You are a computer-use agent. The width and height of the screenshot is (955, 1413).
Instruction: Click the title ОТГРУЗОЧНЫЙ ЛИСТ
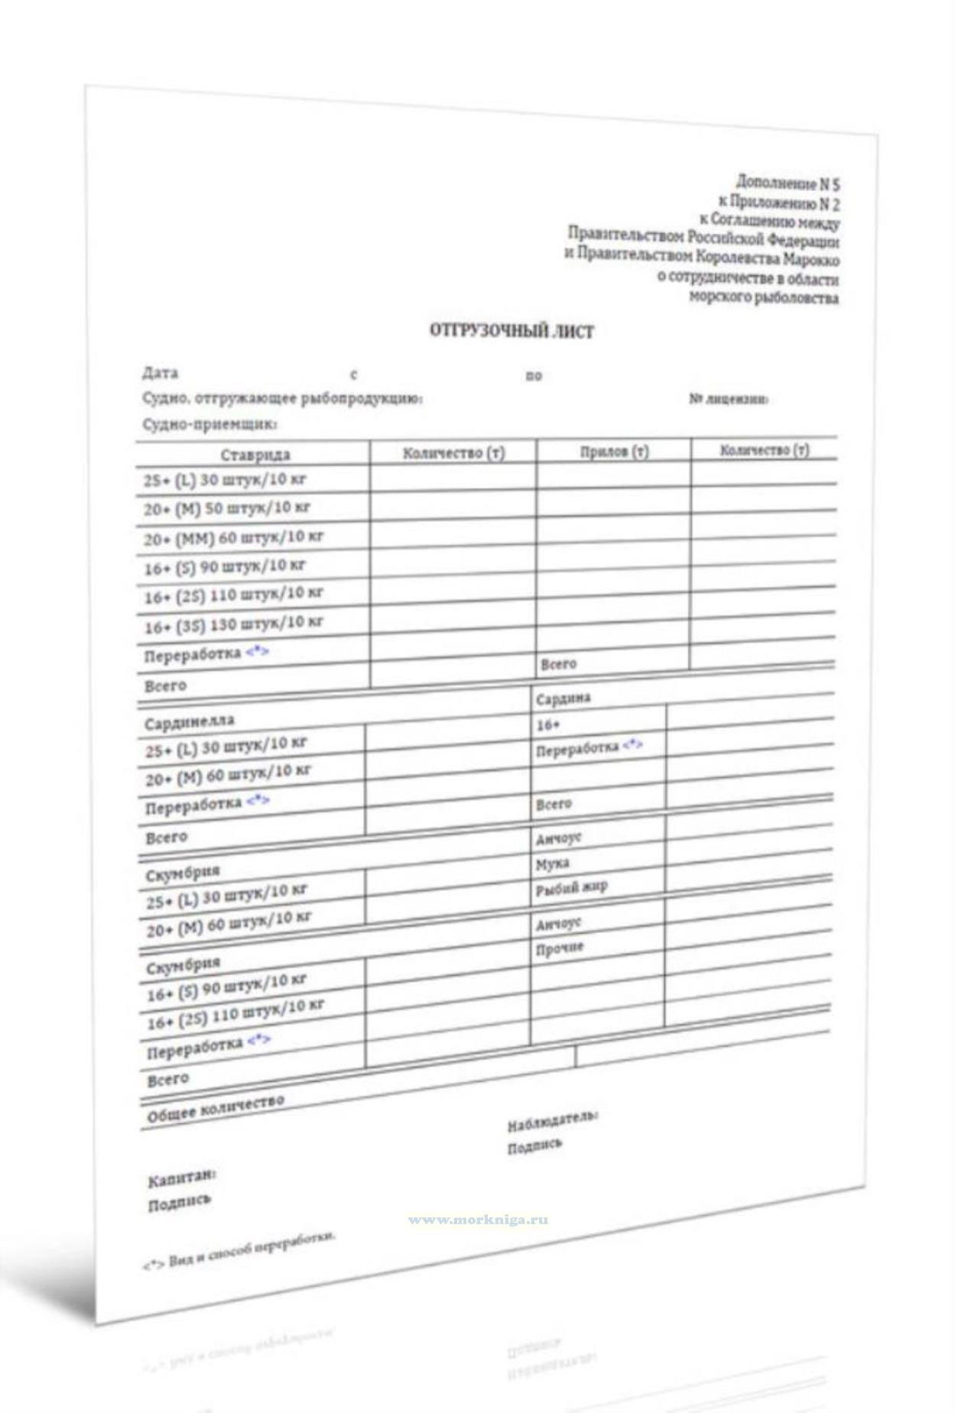point(511,331)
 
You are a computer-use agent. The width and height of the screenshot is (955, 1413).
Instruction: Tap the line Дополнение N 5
point(788,183)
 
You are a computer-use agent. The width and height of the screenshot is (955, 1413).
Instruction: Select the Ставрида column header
point(255,455)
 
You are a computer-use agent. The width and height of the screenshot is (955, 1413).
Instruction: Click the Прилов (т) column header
point(614,452)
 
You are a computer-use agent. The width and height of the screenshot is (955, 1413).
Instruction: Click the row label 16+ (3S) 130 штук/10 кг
point(233,625)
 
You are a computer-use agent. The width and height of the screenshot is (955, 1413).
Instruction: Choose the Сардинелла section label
point(190,721)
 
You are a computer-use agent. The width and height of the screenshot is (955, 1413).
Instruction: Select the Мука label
point(552,864)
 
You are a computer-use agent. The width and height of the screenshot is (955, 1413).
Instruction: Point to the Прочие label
point(560,948)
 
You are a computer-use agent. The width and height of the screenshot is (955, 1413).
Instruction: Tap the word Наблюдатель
point(552,1121)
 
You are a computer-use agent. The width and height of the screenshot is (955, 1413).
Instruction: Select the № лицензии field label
point(728,400)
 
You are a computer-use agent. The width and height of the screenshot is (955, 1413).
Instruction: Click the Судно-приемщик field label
point(210,423)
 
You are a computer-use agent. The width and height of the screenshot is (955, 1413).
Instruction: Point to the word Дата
point(160,373)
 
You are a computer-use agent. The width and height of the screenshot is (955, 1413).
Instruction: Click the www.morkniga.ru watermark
point(478,1220)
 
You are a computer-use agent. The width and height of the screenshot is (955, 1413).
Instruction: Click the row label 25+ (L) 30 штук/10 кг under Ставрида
point(225,481)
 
